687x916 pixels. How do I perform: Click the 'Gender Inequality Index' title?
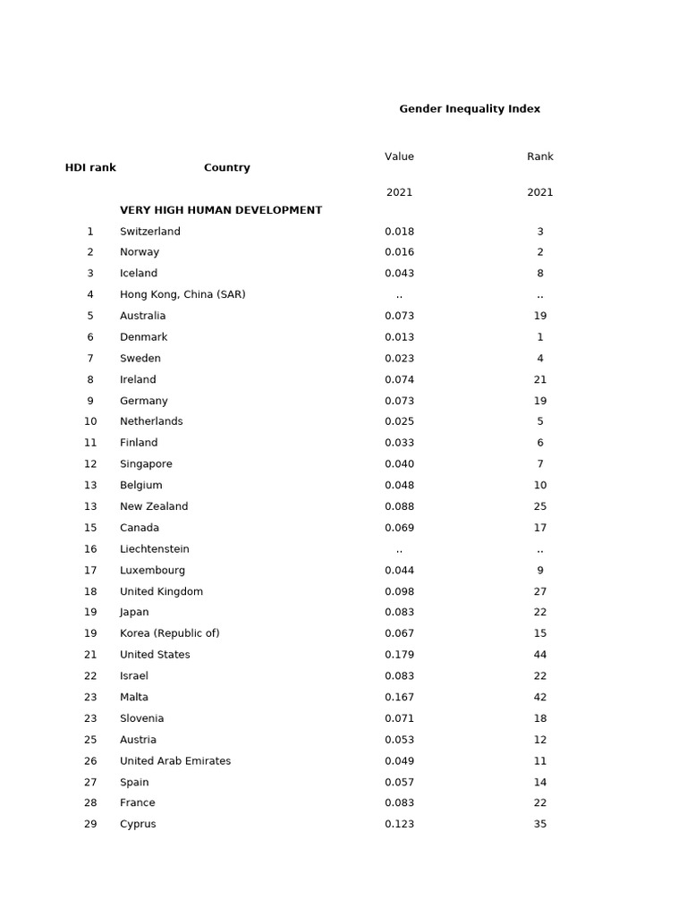469,109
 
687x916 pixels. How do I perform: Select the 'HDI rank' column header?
90,167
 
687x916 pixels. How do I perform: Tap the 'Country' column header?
226,167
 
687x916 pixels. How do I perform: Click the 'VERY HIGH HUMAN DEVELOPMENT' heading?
221,210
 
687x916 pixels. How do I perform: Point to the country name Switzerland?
150,232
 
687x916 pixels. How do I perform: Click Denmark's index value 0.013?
399,337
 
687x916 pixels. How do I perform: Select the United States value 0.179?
399,655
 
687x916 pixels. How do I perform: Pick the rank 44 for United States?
540,655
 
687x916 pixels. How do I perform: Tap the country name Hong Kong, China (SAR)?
182,295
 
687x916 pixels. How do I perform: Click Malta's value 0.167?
399,698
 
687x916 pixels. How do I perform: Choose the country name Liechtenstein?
155,549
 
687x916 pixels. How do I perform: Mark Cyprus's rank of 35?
540,825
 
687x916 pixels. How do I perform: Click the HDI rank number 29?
90,825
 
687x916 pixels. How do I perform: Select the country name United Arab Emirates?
175,761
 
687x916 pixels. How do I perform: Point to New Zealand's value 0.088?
399,506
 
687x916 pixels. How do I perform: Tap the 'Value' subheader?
399,157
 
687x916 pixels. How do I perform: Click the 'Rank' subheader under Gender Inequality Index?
540,157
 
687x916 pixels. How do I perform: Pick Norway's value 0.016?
399,252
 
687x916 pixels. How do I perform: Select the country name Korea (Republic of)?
170,633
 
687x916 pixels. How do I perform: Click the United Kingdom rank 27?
540,591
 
